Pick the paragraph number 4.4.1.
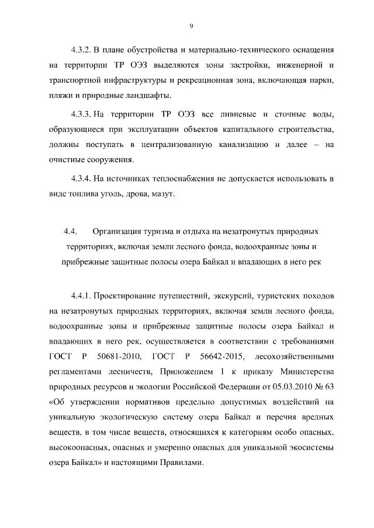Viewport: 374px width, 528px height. point(81,295)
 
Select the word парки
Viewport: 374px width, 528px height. point(321,79)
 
